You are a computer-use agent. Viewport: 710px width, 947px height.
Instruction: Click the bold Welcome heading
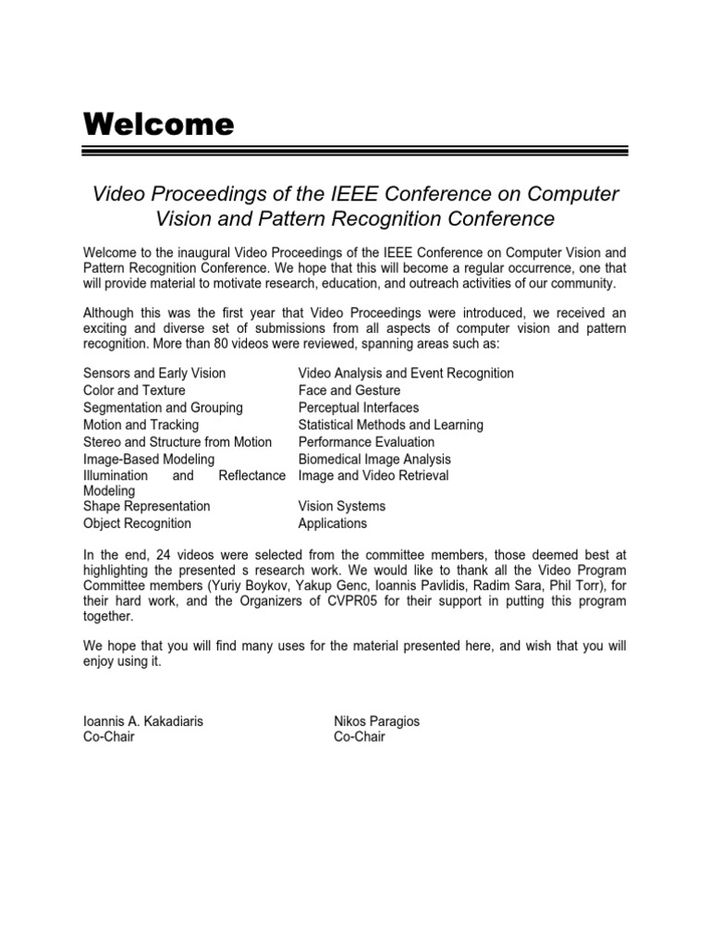point(158,124)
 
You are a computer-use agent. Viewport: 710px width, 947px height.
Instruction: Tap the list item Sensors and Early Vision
point(154,374)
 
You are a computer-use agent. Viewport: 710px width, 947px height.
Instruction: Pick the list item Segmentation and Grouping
point(163,408)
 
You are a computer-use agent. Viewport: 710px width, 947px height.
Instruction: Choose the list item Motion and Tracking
point(141,424)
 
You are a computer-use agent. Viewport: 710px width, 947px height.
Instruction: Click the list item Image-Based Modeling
point(149,459)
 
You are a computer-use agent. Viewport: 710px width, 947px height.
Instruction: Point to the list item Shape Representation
point(146,506)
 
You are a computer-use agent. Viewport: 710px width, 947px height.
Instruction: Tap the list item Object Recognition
point(137,523)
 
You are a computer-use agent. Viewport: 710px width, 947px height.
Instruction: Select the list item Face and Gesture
point(349,390)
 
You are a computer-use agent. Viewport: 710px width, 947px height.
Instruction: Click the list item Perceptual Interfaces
point(358,408)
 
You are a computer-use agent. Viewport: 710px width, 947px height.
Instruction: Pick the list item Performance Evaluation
point(366,442)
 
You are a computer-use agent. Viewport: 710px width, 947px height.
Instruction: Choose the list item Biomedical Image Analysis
point(374,459)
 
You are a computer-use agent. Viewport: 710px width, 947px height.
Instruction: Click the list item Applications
point(332,523)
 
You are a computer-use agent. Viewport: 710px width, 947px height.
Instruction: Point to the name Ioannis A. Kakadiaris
point(142,720)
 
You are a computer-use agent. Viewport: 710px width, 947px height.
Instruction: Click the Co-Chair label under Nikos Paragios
point(359,737)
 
